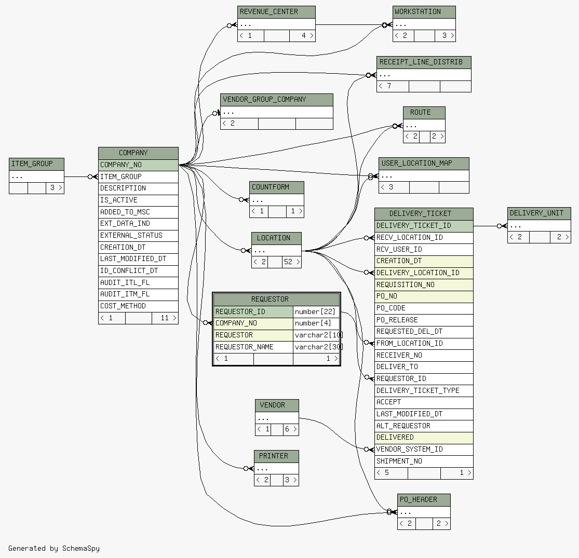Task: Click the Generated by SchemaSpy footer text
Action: [54, 548]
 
